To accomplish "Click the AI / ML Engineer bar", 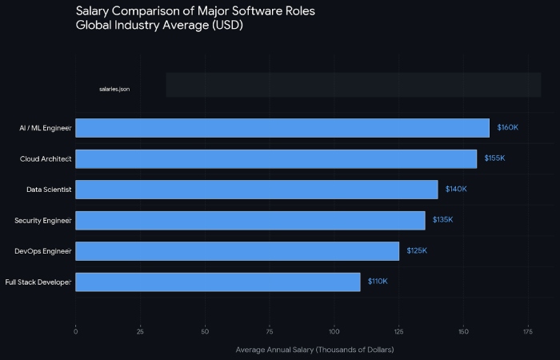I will click(x=282, y=128).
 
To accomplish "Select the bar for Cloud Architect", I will click(x=275, y=158).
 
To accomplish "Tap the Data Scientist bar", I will click(x=256, y=190).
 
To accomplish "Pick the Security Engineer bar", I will click(x=250, y=220).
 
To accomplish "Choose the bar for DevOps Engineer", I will click(x=237, y=251).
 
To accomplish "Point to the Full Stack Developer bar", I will click(x=218, y=282).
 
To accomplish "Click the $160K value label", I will click(x=507, y=128).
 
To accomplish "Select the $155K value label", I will click(x=494, y=158).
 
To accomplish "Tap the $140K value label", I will click(x=456, y=190).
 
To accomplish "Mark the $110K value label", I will click(x=378, y=282).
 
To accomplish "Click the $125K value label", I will click(x=417, y=251).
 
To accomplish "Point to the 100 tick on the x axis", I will click(x=334, y=330).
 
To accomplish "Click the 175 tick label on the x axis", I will click(x=528, y=330).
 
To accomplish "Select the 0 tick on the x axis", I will click(x=75, y=330).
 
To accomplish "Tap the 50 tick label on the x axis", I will click(x=205, y=330).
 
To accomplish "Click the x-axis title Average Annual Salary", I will click(x=314, y=350).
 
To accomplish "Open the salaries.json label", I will click(x=114, y=89).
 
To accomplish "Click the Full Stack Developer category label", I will click(x=38, y=282).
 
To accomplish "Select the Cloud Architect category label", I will click(x=46, y=159).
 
